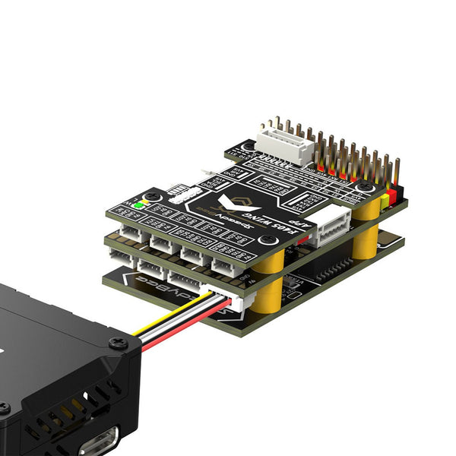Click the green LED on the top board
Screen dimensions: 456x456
point(138,204)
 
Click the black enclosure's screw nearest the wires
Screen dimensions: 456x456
point(116,343)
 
